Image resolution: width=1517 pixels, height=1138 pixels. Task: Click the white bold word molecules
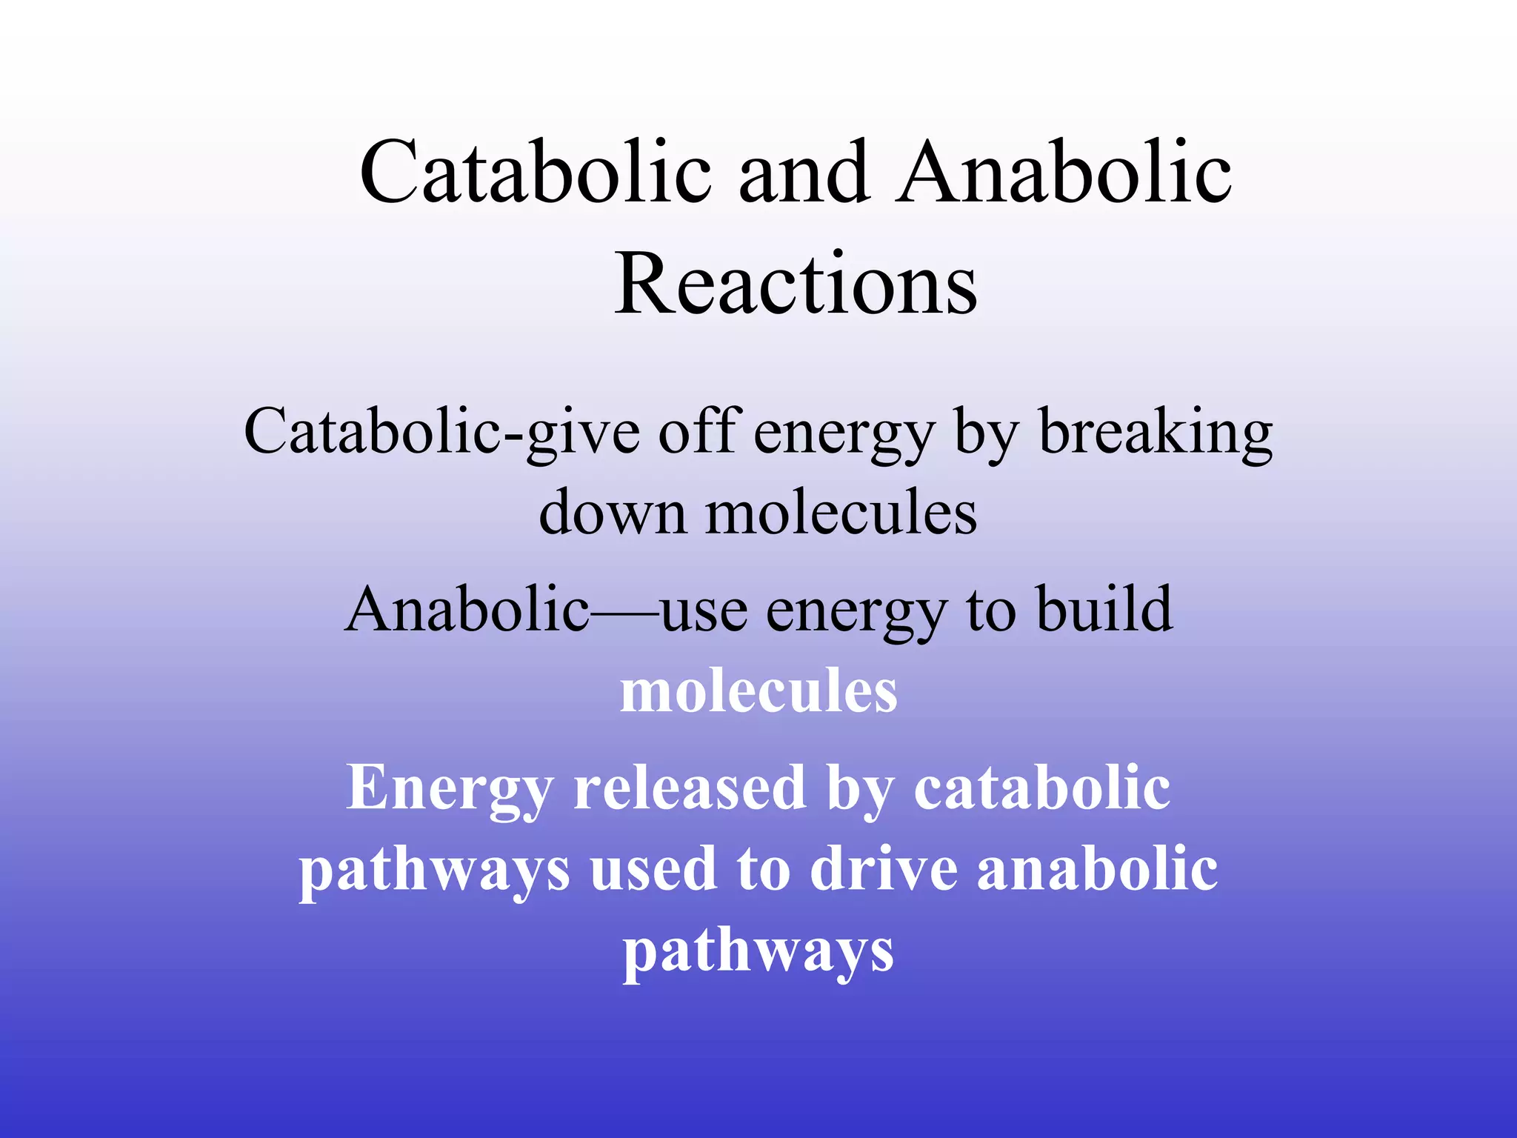click(x=758, y=691)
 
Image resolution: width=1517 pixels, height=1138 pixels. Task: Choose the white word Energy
click(x=450, y=789)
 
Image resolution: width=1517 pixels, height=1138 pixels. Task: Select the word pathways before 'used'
click(x=435, y=871)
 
